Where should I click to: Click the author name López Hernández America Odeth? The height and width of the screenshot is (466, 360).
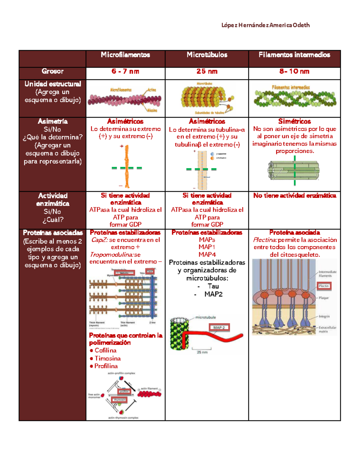tap(265, 25)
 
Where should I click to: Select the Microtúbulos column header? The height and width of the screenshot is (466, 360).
tap(207, 55)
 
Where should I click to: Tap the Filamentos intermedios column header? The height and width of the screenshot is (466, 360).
tap(294, 55)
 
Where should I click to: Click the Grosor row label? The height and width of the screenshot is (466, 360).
tap(52, 71)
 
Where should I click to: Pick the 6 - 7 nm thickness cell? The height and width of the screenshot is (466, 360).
tap(125, 71)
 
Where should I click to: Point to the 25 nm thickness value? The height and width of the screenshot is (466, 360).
tap(207, 71)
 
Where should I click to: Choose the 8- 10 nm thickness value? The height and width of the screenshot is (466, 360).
tap(294, 71)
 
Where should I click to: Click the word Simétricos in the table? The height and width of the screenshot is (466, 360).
tap(294, 121)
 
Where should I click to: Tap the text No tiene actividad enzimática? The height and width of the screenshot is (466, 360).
tap(295, 196)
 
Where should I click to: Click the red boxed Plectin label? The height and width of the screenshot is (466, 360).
tap(324, 286)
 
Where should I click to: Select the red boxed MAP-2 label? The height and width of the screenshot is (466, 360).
tap(219, 327)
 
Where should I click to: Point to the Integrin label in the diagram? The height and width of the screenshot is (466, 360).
tap(324, 316)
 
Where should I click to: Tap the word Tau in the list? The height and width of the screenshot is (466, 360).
tap(213, 286)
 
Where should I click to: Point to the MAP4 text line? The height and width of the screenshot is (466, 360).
tap(207, 254)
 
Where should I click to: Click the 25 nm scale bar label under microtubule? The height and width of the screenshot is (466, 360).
tap(202, 352)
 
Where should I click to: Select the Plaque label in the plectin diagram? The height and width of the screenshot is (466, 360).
tap(324, 298)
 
